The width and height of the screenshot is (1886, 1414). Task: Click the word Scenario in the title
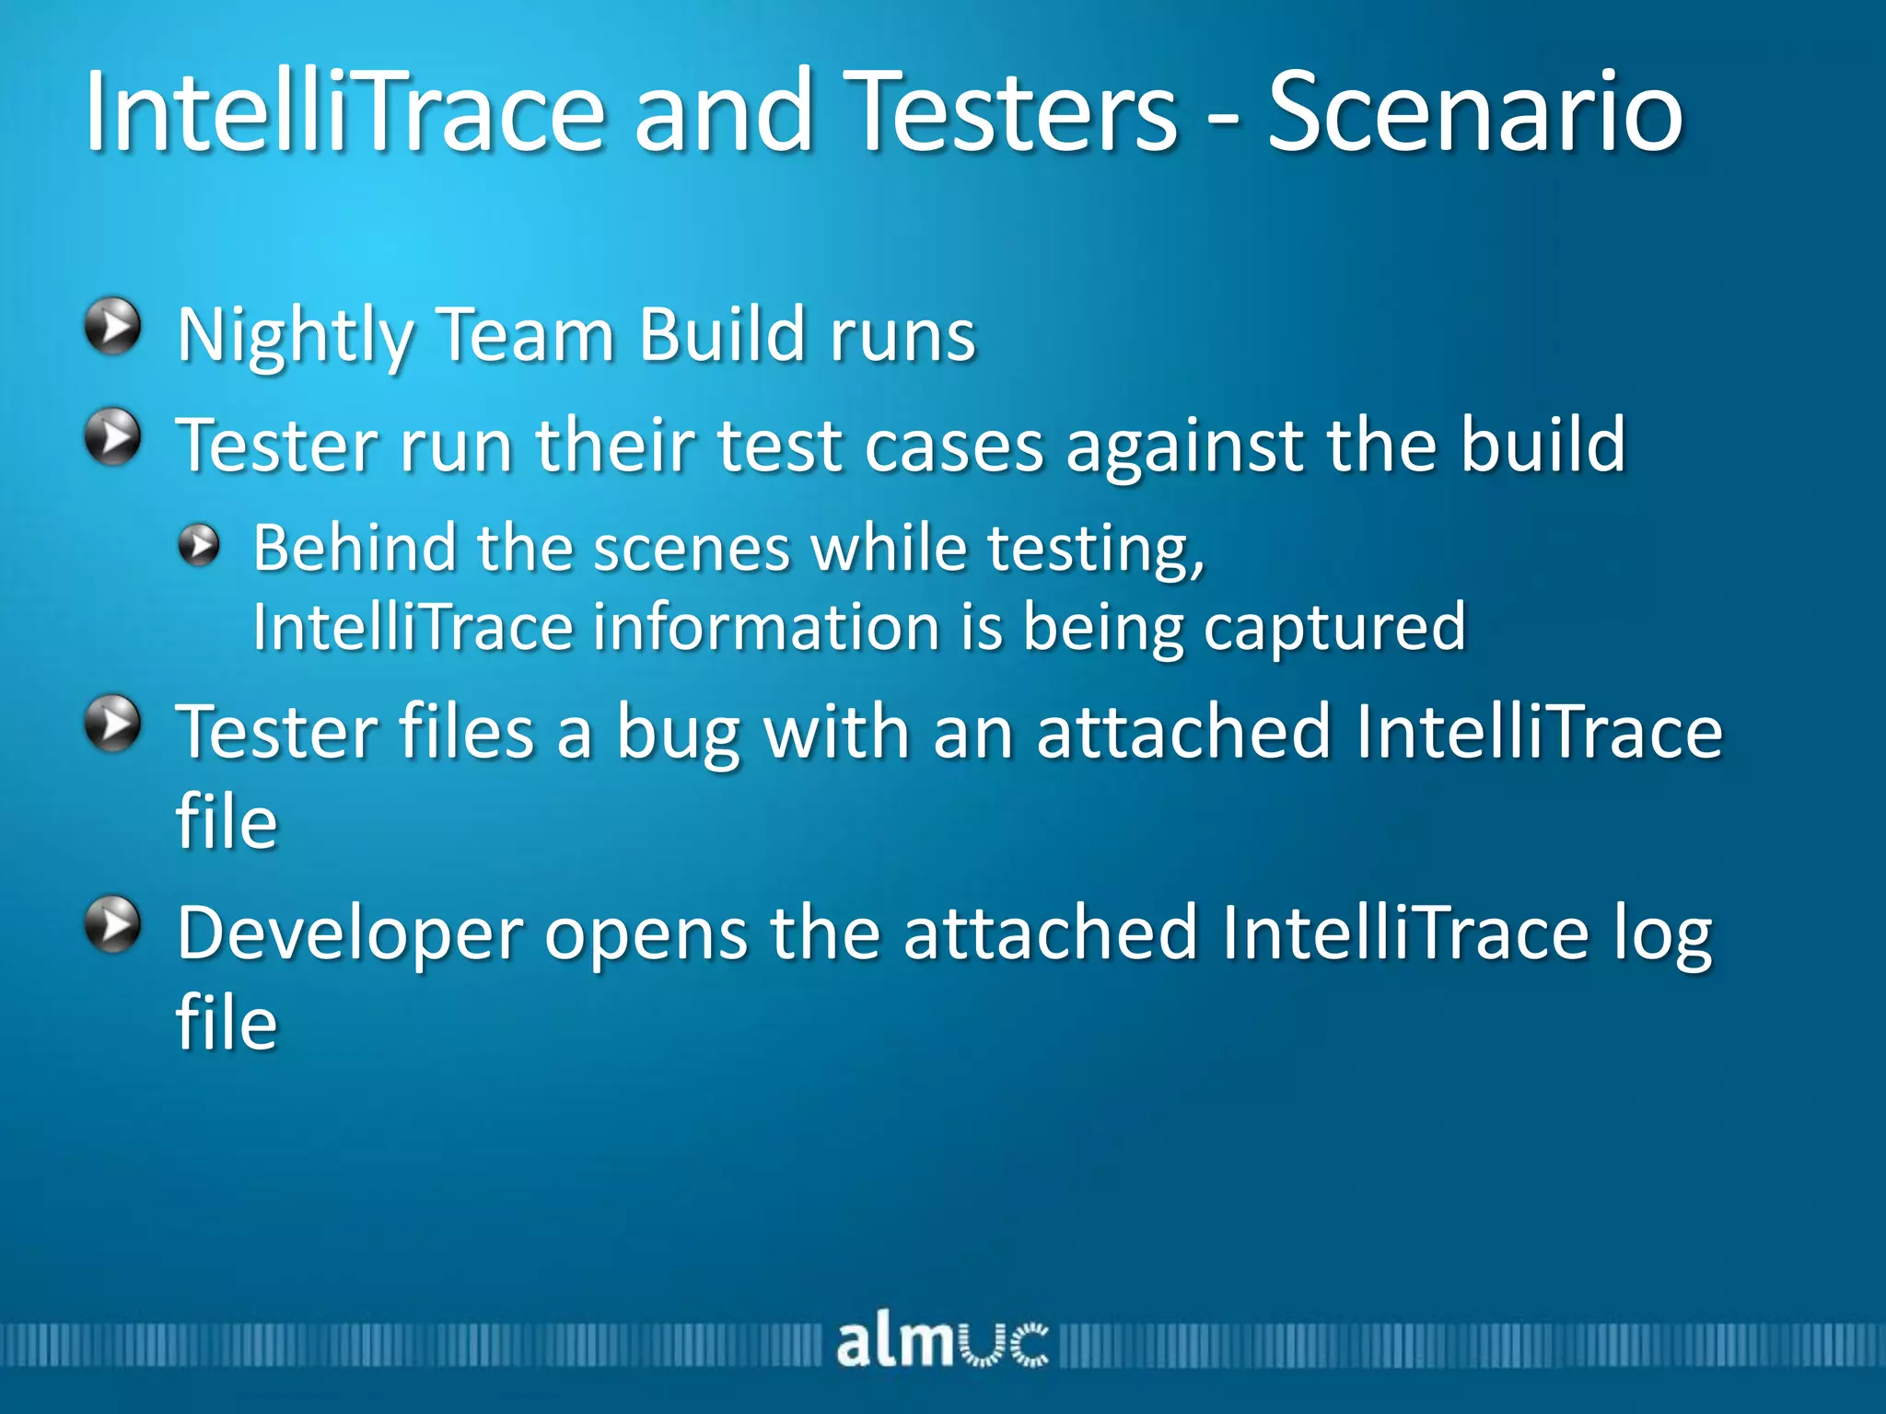pyautogui.click(x=1475, y=114)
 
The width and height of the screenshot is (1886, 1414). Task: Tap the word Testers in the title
pyautogui.click(x=1010, y=114)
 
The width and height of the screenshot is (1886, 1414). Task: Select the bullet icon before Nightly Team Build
pyautogui.click(x=112, y=326)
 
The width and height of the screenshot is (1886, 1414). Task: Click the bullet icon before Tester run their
pyautogui.click(x=112, y=437)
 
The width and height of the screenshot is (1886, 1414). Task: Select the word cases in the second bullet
pyautogui.click(x=954, y=446)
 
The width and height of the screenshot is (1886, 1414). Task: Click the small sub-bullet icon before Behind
pyautogui.click(x=199, y=545)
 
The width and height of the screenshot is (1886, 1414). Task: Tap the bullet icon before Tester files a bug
pyautogui.click(x=112, y=724)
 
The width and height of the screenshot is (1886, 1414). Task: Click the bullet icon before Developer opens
pyautogui.click(x=112, y=924)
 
